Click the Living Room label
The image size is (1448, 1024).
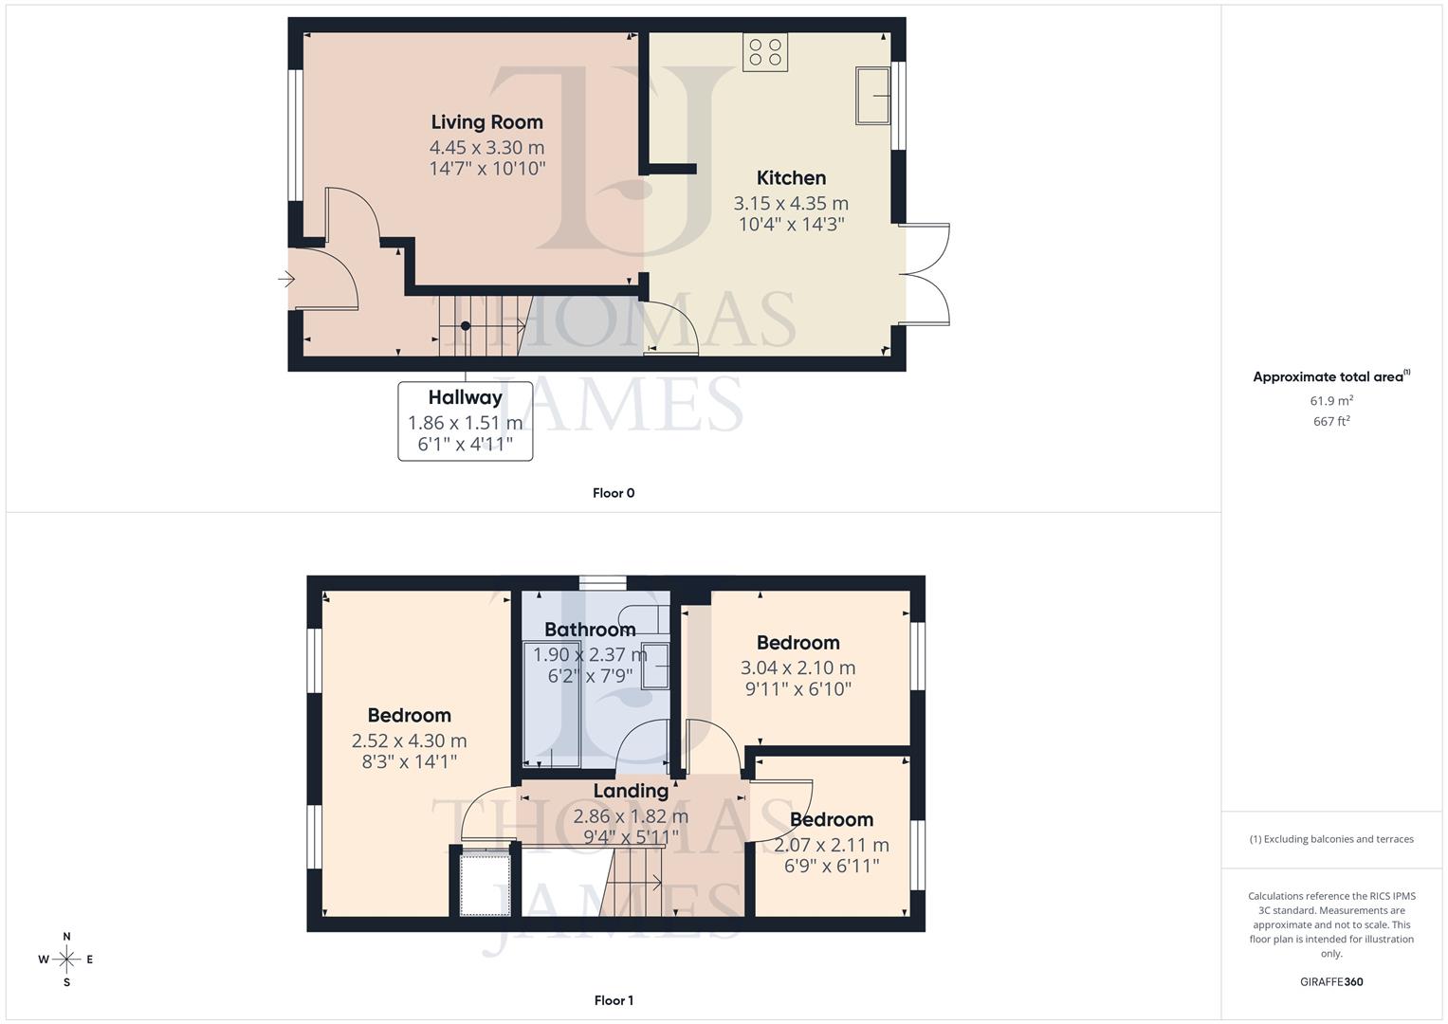pyautogui.click(x=486, y=122)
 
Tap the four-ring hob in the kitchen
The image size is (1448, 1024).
pyautogui.click(x=765, y=52)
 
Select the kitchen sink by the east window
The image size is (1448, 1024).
pyautogui.click(x=872, y=95)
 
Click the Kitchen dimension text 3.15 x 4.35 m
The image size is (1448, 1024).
pyautogui.click(x=791, y=204)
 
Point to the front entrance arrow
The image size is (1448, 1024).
pyautogui.click(x=286, y=279)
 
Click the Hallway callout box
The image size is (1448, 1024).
pyautogui.click(x=465, y=421)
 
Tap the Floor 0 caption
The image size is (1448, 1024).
pyautogui.click(x=614, y=493)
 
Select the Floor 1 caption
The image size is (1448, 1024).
pyautogui.click(x=614, y=1000)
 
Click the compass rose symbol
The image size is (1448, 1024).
pyautogui.click(x=66, y=960)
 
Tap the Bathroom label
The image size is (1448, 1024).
pyautogui.click(x=590, y=630)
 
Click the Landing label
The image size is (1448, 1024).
pyautogui.click(x=631, y=791)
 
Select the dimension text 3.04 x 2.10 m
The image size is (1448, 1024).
pyautogui.click(x=797, y=667)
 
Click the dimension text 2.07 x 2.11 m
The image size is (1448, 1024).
pyautogui.click(x=832, y=845)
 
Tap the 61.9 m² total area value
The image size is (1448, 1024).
pyautogui.click(x=1331, y=401)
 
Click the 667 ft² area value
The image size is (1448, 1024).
pyautogui.click(x=1331, y=421)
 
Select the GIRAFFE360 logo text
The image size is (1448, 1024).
pyautogui.click(x=1331, y=981)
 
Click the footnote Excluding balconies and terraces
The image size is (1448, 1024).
pyautogui.click(x=1331, y=839)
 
